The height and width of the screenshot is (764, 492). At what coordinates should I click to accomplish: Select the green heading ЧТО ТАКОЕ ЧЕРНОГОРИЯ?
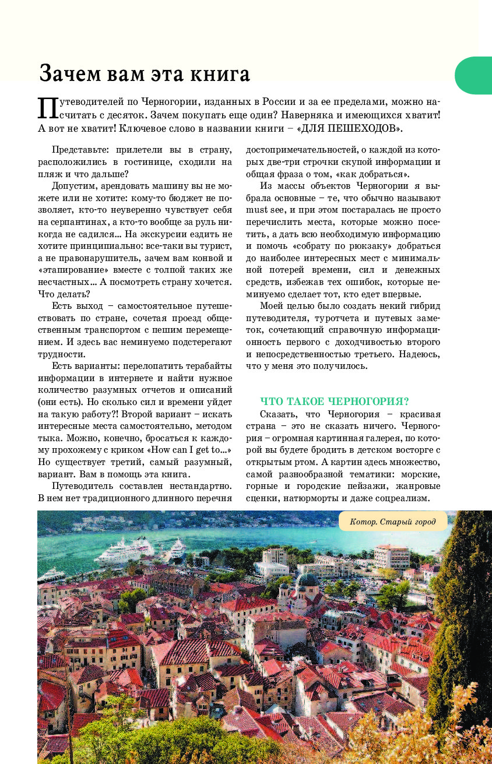point(334,402)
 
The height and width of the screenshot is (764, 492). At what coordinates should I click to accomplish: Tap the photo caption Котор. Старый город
point(393,521)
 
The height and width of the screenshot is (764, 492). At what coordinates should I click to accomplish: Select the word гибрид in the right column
point(424,305)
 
